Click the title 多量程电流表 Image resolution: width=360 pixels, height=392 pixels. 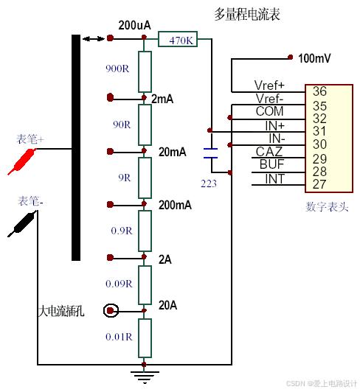247,14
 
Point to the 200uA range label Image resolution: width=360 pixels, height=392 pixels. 134,25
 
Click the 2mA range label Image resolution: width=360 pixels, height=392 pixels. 162,99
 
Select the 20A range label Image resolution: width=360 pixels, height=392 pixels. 169,304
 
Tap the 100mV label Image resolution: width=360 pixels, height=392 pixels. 313,57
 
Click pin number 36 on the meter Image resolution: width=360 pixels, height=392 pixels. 319,91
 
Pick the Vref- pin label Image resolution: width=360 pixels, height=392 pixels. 270,99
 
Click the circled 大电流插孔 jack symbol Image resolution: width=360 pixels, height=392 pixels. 111,311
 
